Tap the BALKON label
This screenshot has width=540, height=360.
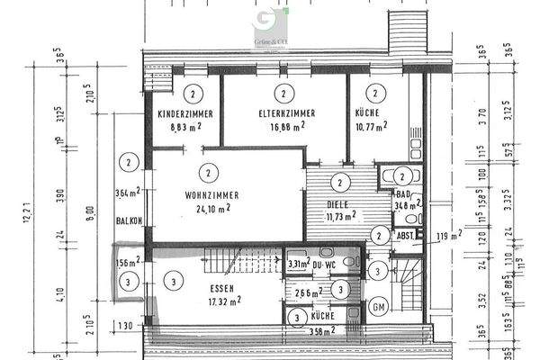coord(130,221)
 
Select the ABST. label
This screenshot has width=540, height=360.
coord(405,236)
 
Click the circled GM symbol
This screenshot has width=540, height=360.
coord(379,305)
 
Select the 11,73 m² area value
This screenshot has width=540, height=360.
coord(339,215)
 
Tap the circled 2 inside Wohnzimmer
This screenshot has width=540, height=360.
coord(208,171)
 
